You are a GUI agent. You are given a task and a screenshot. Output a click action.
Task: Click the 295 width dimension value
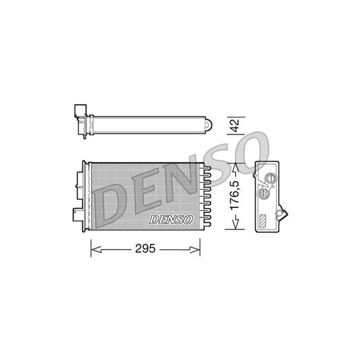[146, 248]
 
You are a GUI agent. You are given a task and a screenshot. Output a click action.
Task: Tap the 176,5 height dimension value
[234, 195]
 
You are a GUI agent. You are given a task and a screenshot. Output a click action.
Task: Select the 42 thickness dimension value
[234, 125]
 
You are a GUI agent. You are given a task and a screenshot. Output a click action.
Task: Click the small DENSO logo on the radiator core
[172, 219]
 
